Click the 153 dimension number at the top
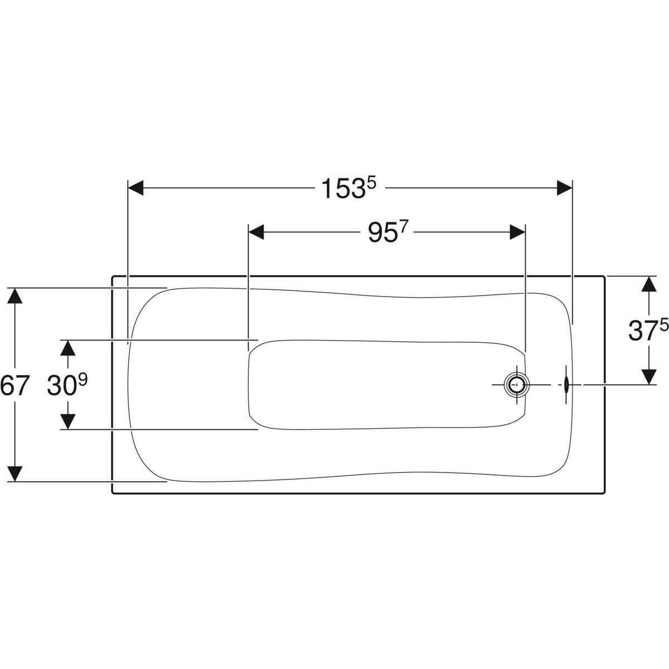(344, 189)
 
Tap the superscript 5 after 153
(371, 183)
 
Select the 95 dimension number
(382, 233)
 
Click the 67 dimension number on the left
(13, 385)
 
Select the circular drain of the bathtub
(517, 385)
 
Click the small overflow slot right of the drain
(566, 385)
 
